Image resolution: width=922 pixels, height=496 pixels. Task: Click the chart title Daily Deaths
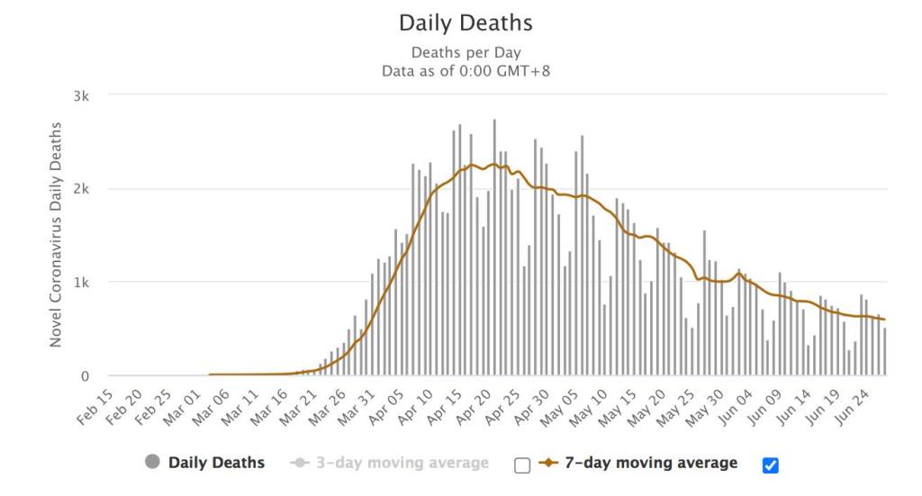(x=466, y=23)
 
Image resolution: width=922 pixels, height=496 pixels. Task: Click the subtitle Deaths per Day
(x=466, y=52)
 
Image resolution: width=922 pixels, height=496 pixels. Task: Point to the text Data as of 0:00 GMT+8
(x=466, y=70)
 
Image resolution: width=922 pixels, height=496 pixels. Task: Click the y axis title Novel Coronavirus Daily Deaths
(x=57, y=234)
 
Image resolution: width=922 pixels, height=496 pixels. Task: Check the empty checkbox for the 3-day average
(x=522, y=464)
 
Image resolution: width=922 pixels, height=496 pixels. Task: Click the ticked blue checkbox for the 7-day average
(x=770, y=464)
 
